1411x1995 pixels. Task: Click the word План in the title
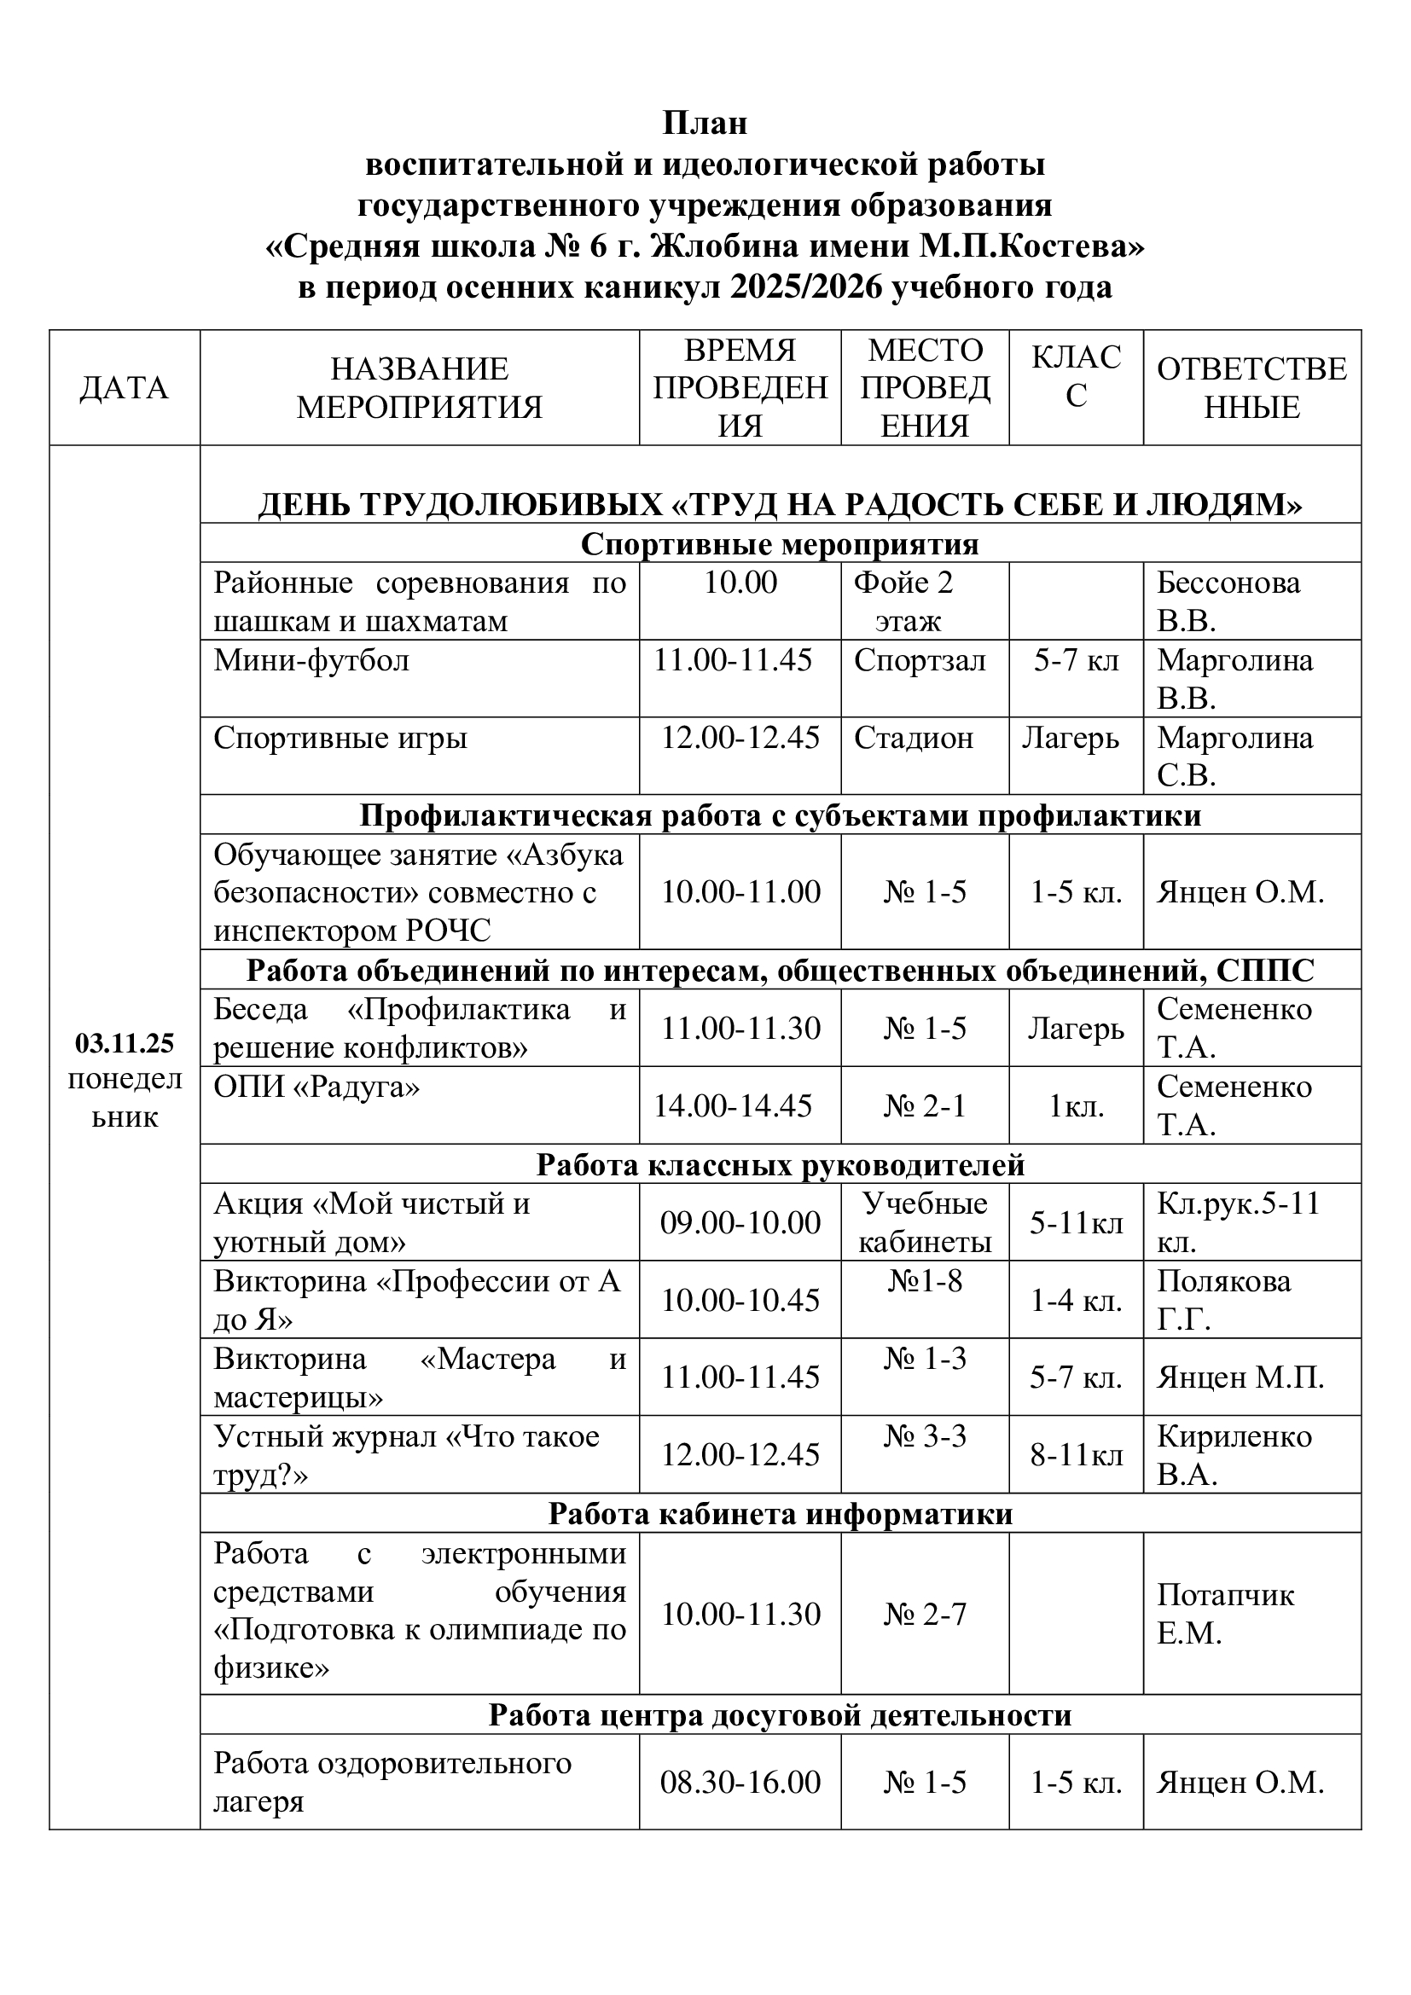pos(705,124)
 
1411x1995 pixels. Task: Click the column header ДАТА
pos(124,387)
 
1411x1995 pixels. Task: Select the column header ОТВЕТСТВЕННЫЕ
pos(1251,387)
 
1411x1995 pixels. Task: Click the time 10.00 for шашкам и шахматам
pos(740,583)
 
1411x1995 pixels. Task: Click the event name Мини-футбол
pos(311,661)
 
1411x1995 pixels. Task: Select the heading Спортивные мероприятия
pos(780,544)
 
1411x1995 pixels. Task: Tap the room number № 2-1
pos(925,1106)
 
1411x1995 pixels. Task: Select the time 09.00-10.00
pos(740,1222)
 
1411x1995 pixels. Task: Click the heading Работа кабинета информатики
pos(780,1514)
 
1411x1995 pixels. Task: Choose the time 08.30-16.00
pos(740,1783)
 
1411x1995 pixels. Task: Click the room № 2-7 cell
pos(925,1615)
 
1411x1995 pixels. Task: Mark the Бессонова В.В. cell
pos(1228,601)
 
